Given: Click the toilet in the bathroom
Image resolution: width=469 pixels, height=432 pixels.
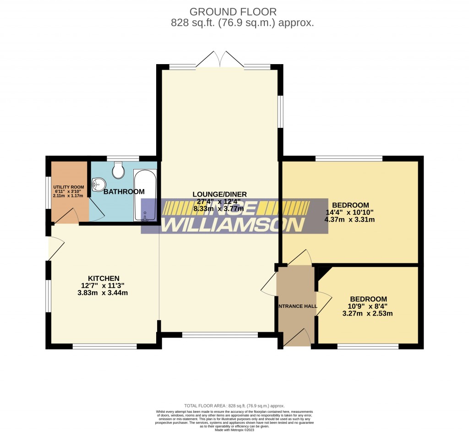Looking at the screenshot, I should coord(119,170).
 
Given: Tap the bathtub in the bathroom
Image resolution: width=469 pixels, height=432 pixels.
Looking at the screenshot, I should coord(145,195).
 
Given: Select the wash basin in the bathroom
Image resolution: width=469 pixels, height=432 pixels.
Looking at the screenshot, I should coord(98,185).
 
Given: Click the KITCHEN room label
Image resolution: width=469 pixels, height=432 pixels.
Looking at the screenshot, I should coord(104,278).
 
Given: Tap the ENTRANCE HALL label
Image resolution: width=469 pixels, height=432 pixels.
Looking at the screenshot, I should coord(296,306).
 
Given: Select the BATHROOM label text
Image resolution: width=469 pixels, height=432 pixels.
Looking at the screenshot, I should coord(124,191).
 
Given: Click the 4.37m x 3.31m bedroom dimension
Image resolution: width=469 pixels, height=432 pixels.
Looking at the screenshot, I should coord(350,219).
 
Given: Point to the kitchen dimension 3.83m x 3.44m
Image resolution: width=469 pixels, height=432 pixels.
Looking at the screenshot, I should coord(104,293).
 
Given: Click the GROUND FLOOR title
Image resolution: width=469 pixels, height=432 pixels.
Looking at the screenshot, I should coord(234,12).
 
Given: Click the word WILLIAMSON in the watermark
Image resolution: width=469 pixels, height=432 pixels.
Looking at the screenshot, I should coord(234,224).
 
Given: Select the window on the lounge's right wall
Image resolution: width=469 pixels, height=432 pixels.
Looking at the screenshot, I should coord(280,111).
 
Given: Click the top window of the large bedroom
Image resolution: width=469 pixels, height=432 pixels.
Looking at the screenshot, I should coord(349,159).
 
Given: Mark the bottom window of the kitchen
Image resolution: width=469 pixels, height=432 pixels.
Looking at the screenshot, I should coord(104,346).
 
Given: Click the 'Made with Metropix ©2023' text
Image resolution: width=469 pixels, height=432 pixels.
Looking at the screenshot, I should coord(234,429).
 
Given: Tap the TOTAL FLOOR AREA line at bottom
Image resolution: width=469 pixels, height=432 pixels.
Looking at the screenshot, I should coord(234,406).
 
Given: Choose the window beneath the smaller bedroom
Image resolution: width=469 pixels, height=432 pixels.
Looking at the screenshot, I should coord(368,346).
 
